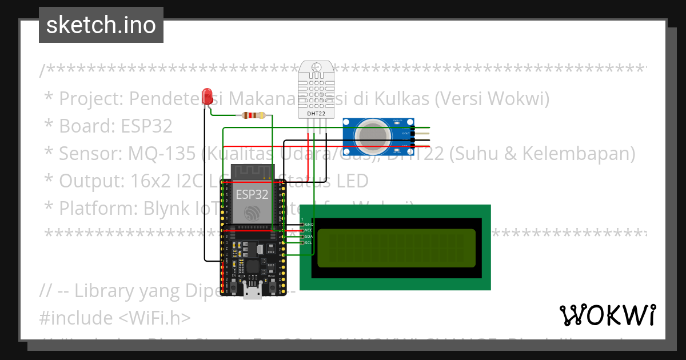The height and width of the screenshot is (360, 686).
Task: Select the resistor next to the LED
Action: tap(253, 115)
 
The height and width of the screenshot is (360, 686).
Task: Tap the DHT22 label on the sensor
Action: tap(316, 113)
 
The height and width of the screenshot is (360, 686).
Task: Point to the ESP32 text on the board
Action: tap(252, 194)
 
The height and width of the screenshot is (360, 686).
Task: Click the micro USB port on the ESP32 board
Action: tap(252, 293)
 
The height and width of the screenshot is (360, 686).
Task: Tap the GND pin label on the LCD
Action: tap(309, 225)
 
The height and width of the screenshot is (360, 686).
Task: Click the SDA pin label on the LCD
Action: tap(309, 237)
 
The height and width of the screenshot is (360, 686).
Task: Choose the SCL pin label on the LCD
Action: tap(309, 243)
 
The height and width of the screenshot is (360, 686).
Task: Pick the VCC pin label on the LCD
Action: tap(309, 230)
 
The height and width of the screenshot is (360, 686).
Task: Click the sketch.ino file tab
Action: tap(101, 25)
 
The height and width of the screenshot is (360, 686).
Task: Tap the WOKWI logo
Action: tap(607, 315)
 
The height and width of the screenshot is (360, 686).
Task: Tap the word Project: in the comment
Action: tap(91, 99)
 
